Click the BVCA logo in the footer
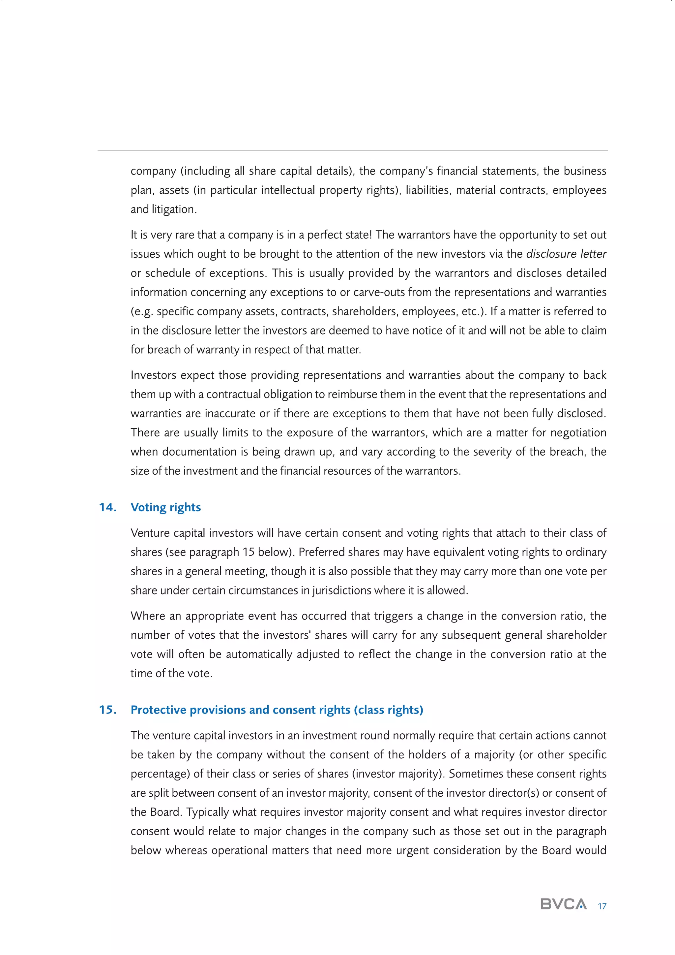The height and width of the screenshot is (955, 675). [x=563, y=904]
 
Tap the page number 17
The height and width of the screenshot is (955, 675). [x=602, y=906]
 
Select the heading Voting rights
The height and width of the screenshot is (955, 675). [x=165, y=507]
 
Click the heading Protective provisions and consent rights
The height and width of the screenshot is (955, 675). [x=277, y=710]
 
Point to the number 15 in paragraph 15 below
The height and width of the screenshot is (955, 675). [x=249, y=552]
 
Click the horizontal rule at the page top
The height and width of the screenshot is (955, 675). [x=352, y=150]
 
